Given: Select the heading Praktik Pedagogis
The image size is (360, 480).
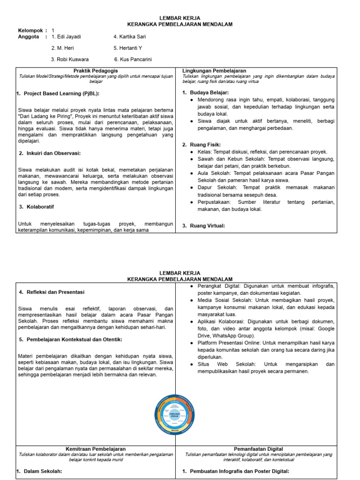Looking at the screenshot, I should click(x=96, y=71).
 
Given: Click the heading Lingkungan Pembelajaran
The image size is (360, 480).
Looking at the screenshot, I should click(x=214, y=71).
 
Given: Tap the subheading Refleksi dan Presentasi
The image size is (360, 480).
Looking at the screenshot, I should click(x=54, y=292).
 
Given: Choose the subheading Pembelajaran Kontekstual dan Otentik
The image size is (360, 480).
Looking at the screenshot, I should click(x=73, y=339).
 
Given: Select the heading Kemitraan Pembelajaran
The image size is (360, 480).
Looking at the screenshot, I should click(x=96, y=449).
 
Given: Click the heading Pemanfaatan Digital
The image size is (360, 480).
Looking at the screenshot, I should click(x=258, y=449).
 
